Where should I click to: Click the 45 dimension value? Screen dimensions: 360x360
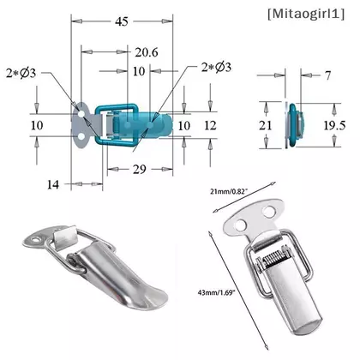pos(122,21)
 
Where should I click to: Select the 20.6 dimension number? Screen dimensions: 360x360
pos(147,52)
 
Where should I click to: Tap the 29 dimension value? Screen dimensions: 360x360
pos(140,170)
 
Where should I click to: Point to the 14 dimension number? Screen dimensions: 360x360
pos(53,184)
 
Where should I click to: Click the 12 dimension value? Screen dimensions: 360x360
pos(210,125)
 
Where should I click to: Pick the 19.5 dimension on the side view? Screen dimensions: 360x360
pos(334,125)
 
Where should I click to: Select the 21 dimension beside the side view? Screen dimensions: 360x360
pos(265,125)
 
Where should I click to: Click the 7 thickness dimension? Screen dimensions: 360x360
pos(327,75)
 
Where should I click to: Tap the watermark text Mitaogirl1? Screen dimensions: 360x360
pos(306,14)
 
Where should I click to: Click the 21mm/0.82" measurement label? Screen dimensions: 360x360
pos(228,192)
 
